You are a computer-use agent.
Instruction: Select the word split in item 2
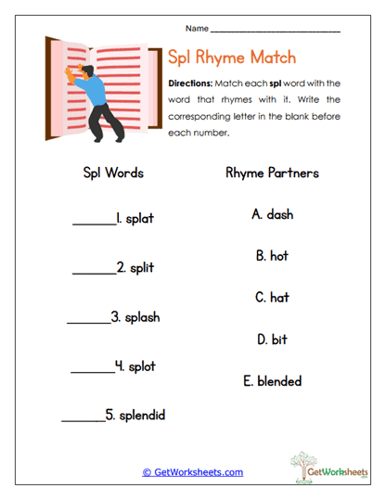coord(140,267)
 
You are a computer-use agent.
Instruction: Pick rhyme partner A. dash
coord(272,214)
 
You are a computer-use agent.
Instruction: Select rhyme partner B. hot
coord(272,255)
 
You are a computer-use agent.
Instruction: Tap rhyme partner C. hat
coord(272,298)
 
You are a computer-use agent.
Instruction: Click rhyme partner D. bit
coord(272,340)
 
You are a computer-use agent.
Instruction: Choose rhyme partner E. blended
coord(272,380)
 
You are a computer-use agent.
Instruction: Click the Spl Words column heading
coord(113,173)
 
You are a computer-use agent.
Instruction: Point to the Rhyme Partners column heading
coord(272,173)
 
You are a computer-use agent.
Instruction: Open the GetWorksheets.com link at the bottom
coord(192,472)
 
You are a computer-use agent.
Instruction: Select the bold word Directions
coord(191,83)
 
